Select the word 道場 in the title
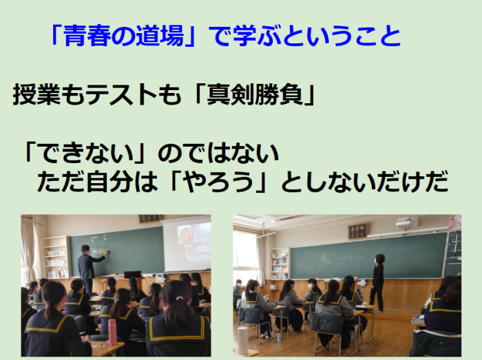point(160,35)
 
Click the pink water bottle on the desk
point(112,332)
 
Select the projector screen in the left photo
point(187,246)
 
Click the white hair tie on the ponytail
point(180,298)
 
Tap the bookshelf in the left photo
point(56,257)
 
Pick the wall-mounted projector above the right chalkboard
point(408,223)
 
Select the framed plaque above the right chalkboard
point(357,231)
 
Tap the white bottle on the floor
point(243,340)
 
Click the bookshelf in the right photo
point(280,264)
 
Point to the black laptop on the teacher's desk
point(132,274)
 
